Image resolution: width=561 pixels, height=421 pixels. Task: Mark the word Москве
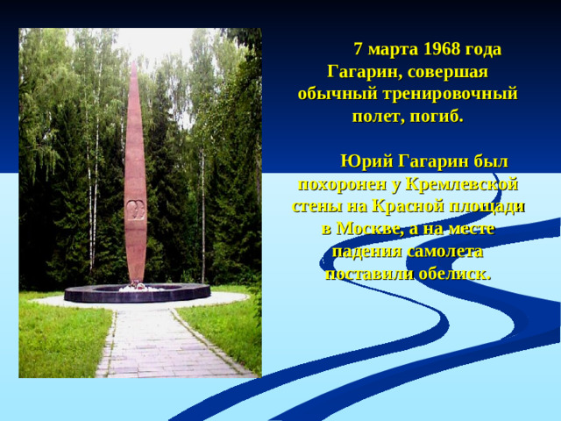point(366,229)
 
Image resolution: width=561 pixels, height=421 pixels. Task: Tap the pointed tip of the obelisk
point(134,64)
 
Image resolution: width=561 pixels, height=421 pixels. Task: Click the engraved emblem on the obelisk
point(134,210)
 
